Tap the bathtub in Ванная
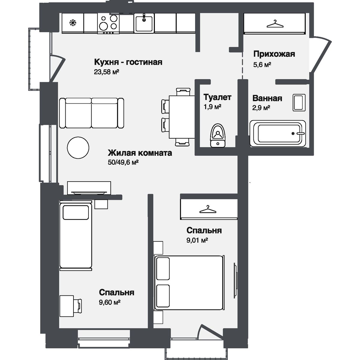(x=278, y=133)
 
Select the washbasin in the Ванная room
(x=299, y=103)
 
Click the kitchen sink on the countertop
(x=144, y=23)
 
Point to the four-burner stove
(x=108, y=23)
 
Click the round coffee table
(x=78, y=148)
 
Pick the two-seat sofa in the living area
(x=91, y=113)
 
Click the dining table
(x=182, y=117)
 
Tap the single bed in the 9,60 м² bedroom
(x=76, y=235)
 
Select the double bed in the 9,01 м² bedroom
(x=189, y=283)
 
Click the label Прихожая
(x=274, y=54)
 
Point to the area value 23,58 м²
(x=106, y=72)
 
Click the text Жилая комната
(x=140, y=153)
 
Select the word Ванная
(x=267, y=98)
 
